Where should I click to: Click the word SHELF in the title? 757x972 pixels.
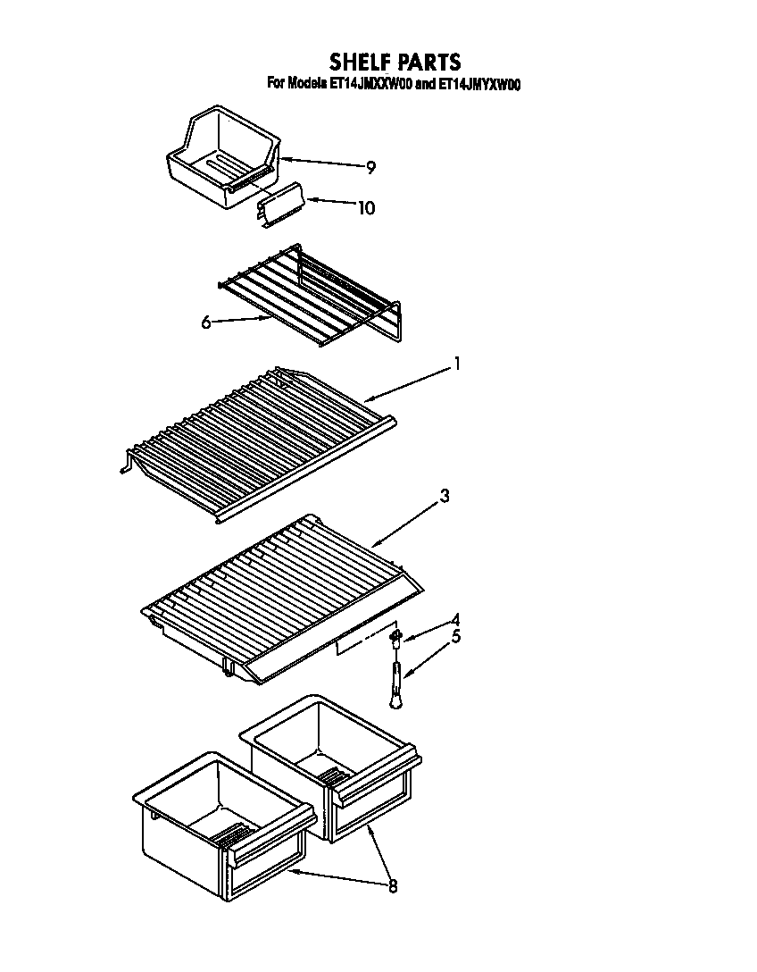[362, 62]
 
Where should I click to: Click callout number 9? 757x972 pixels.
[370, 167]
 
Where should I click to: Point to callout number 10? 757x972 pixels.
[366, 208]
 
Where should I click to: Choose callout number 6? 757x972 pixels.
[206, 322]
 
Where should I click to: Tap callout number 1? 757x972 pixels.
[456, 363]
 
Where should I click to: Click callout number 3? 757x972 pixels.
[444, 497]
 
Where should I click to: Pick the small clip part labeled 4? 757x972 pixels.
[396, 636]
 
